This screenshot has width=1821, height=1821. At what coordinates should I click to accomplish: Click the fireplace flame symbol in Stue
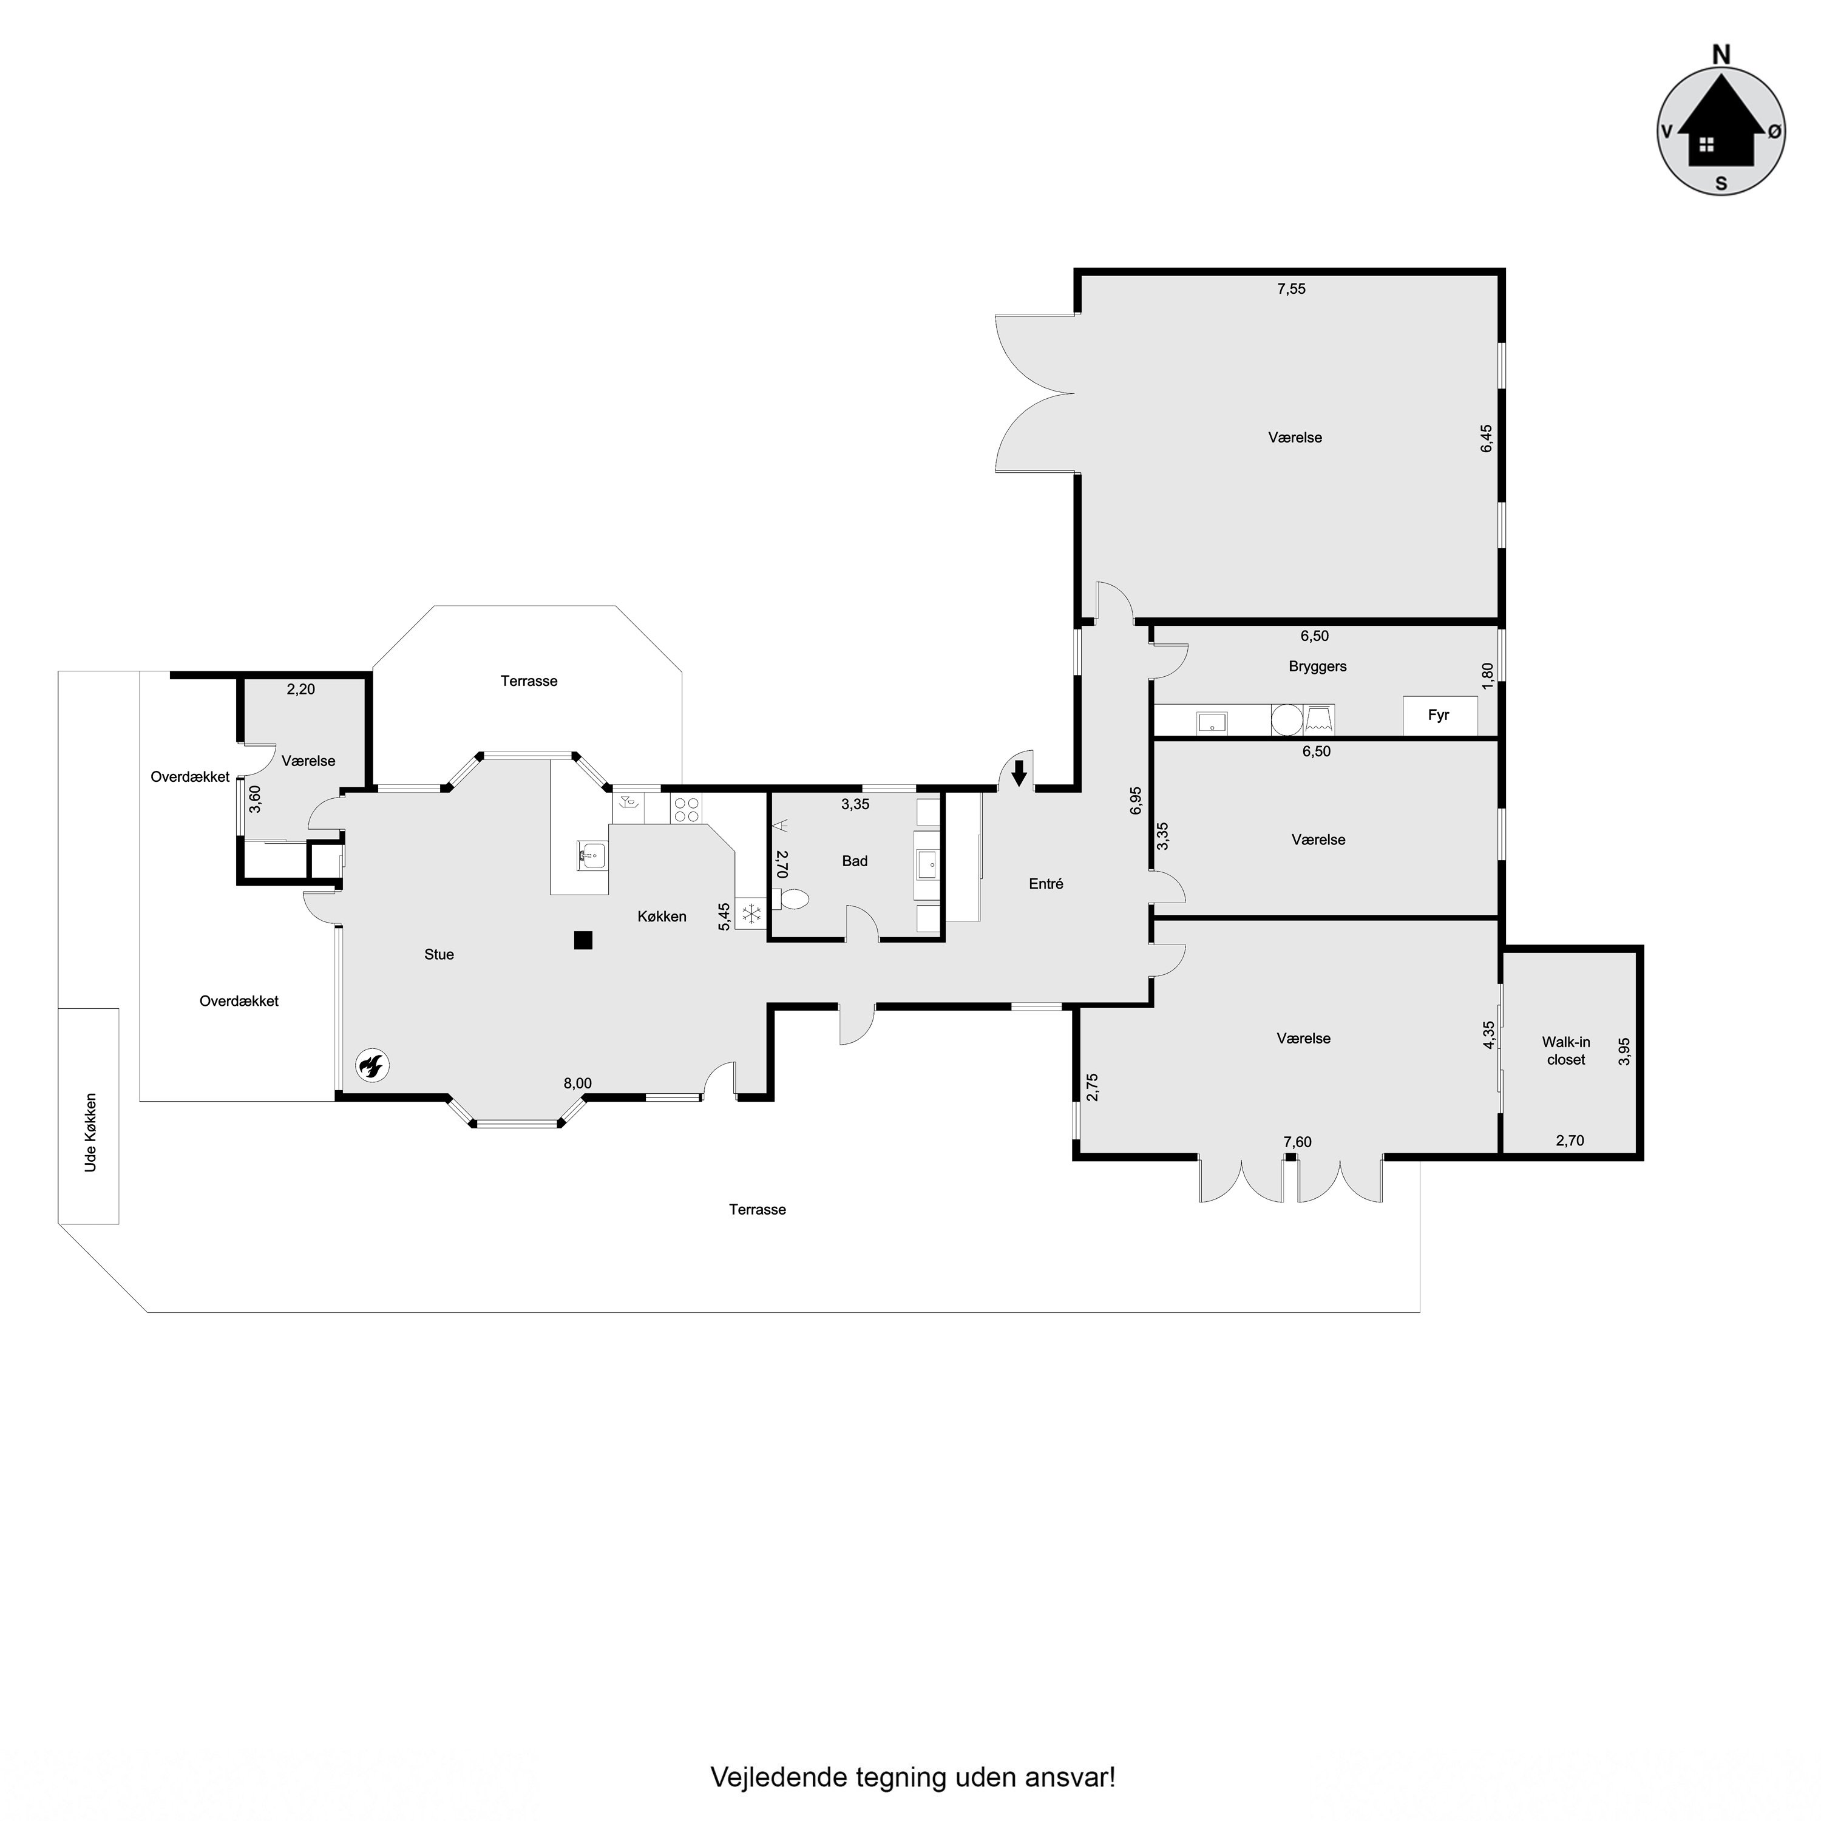[x=372, y=1066]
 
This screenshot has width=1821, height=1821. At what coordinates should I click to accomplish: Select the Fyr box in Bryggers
[x=1439, y=716]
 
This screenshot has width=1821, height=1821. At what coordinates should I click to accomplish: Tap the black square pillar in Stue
[x=583, y=940]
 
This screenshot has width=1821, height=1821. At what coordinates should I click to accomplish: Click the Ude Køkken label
[x=90, y=1132]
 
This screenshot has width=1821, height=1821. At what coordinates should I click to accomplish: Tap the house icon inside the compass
[x=1721, y=132]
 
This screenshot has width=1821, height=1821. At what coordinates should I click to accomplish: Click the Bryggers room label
[x=1318, y=666]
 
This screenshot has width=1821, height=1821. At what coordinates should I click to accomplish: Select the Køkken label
[x=662, y=916]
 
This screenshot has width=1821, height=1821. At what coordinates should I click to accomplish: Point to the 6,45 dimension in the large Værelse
[x=1487, y=438]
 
